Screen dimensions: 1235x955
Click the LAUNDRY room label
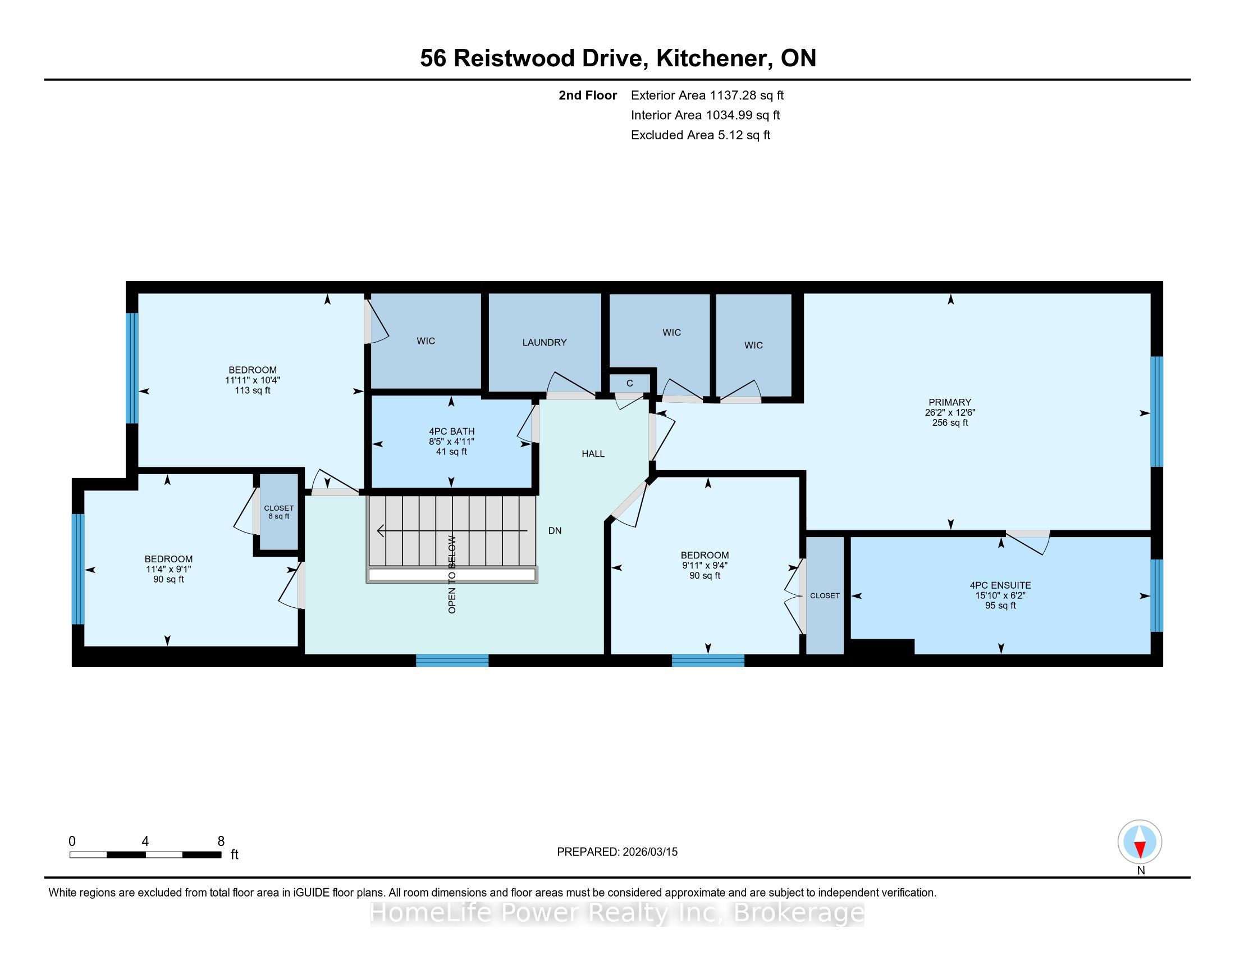544,342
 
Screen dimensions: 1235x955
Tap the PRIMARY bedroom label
949,402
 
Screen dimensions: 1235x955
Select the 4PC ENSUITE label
1000,585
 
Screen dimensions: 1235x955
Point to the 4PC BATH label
451,431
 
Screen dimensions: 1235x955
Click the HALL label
593,454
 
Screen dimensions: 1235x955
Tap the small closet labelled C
629,384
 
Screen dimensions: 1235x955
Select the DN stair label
555,531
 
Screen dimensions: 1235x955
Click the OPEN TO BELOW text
452,574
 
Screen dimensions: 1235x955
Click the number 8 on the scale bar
221,842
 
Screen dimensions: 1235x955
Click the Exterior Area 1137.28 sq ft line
707,95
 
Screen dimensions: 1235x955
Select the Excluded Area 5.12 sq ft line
701,135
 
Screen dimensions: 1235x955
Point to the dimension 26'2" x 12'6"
950,412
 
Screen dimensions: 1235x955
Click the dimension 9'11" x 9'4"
705,565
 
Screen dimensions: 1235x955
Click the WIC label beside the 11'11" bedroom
426,340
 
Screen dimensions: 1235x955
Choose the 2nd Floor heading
588,95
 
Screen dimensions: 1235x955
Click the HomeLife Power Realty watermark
617,912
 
